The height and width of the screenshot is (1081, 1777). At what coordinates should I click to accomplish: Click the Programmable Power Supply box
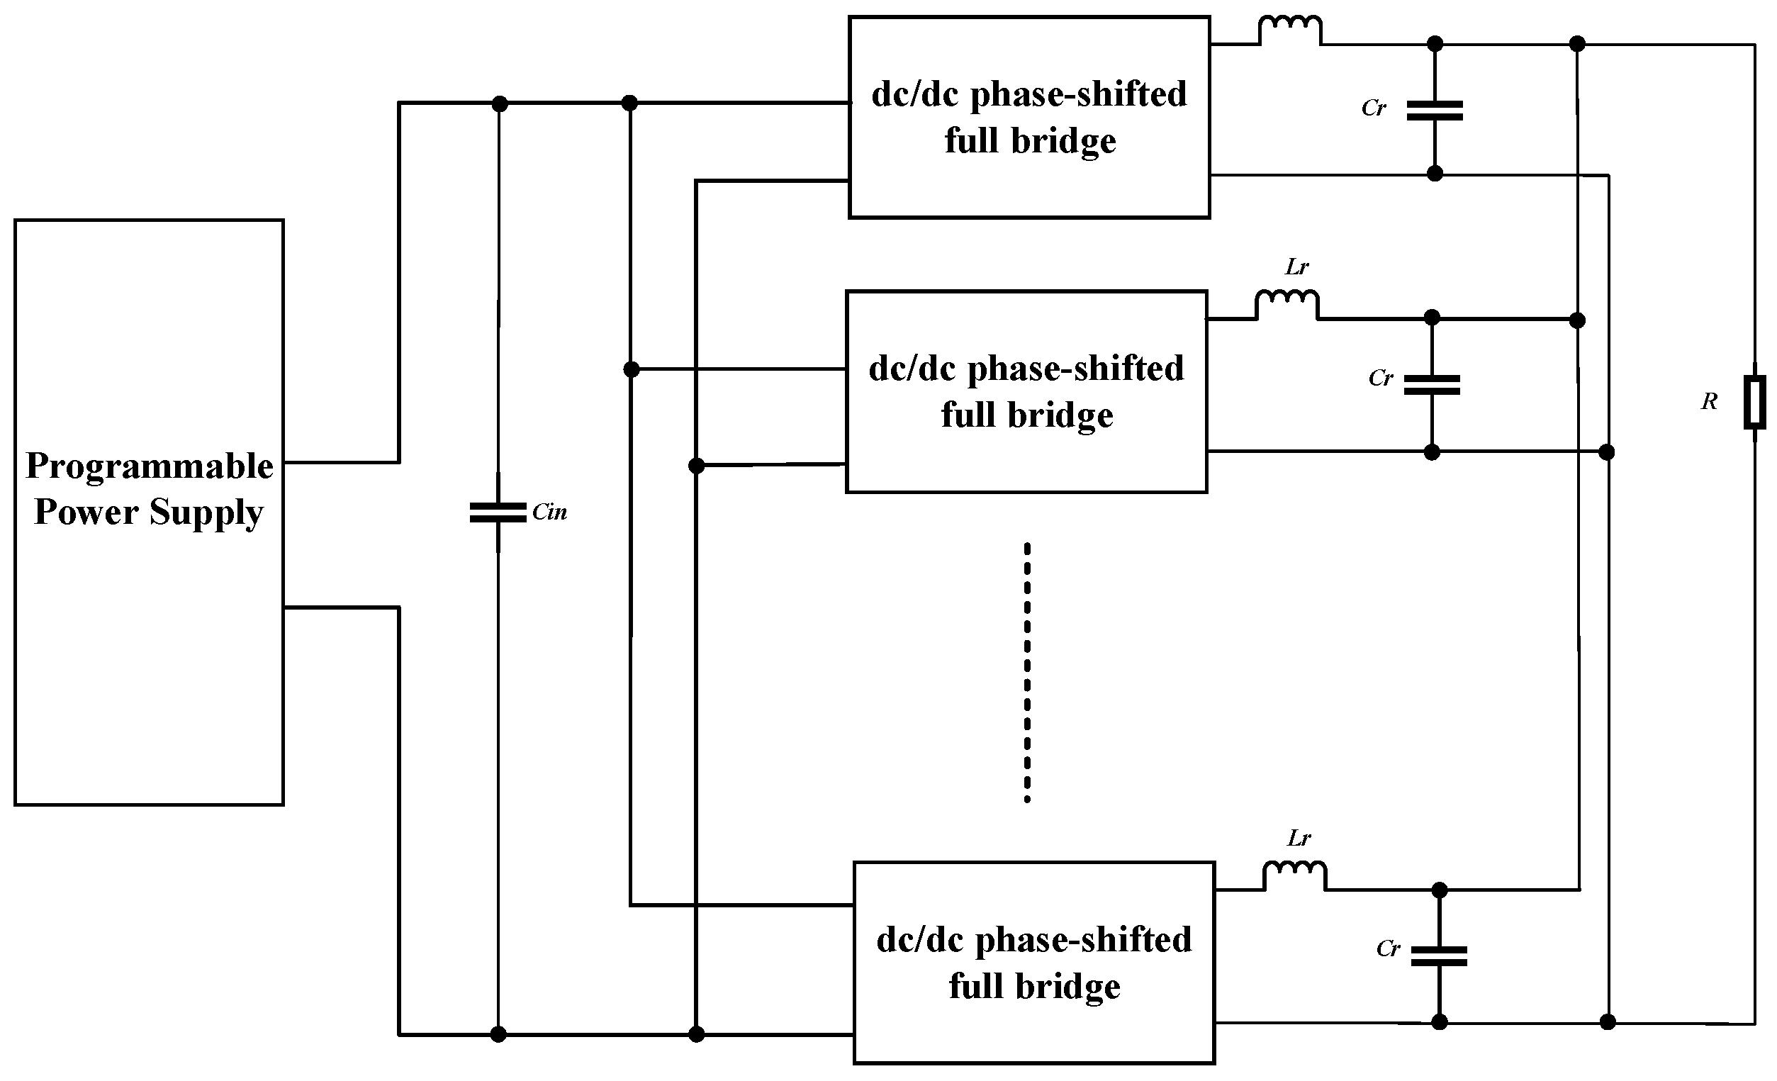point(149,649)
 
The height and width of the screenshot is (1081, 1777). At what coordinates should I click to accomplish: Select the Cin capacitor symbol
point(498,513)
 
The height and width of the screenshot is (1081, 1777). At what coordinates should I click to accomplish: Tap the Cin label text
point(549,513)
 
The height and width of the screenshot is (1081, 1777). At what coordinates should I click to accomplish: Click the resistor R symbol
point(1754,402)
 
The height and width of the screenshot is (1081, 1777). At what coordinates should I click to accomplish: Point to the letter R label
point(1708,402)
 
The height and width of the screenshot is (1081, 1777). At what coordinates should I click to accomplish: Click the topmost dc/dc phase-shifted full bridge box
point(1028,117)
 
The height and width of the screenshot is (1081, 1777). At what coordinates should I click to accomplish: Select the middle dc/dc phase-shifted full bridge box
point(1026,391)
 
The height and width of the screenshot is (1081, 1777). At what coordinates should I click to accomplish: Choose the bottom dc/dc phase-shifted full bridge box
point(1033,962)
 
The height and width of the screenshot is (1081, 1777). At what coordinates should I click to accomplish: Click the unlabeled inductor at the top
point(1290,31)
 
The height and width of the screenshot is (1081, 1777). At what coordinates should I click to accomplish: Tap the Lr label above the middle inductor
point(1296,267)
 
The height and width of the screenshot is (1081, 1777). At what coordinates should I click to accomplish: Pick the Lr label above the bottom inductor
point(1299,838)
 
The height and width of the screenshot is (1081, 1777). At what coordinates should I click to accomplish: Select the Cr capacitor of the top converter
point(1435,111)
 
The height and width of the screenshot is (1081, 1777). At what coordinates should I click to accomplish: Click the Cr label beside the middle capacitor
point(1380,378)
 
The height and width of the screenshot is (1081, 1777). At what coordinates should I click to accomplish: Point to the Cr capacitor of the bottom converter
point(1439,956)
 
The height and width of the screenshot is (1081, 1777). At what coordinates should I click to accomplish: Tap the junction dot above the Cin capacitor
point(499,103)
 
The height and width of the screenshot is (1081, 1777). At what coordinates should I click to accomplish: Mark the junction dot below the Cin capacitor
point(498,1034)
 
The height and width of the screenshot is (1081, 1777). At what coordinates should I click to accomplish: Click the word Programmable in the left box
point(150,466)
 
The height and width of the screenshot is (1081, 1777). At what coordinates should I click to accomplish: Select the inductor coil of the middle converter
point(1287,305)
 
